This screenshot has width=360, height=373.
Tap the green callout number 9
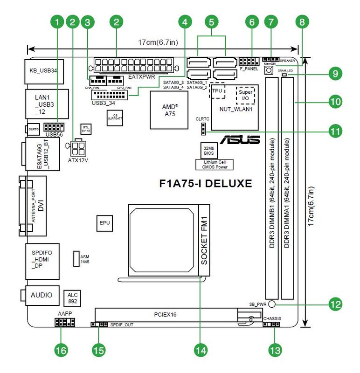(335, 73)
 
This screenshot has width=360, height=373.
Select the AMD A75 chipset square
(169, 110)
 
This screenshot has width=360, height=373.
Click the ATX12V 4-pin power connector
(78, 149)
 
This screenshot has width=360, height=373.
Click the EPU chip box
(105, 223)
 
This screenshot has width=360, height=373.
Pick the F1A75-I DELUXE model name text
(206, 183)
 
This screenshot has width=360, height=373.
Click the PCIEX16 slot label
(166, 315)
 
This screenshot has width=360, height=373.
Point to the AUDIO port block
(42, 295)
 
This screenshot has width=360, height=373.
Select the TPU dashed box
(217, 91)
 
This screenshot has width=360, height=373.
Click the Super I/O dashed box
(245, 95)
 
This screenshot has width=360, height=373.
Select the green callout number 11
(335, 131)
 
